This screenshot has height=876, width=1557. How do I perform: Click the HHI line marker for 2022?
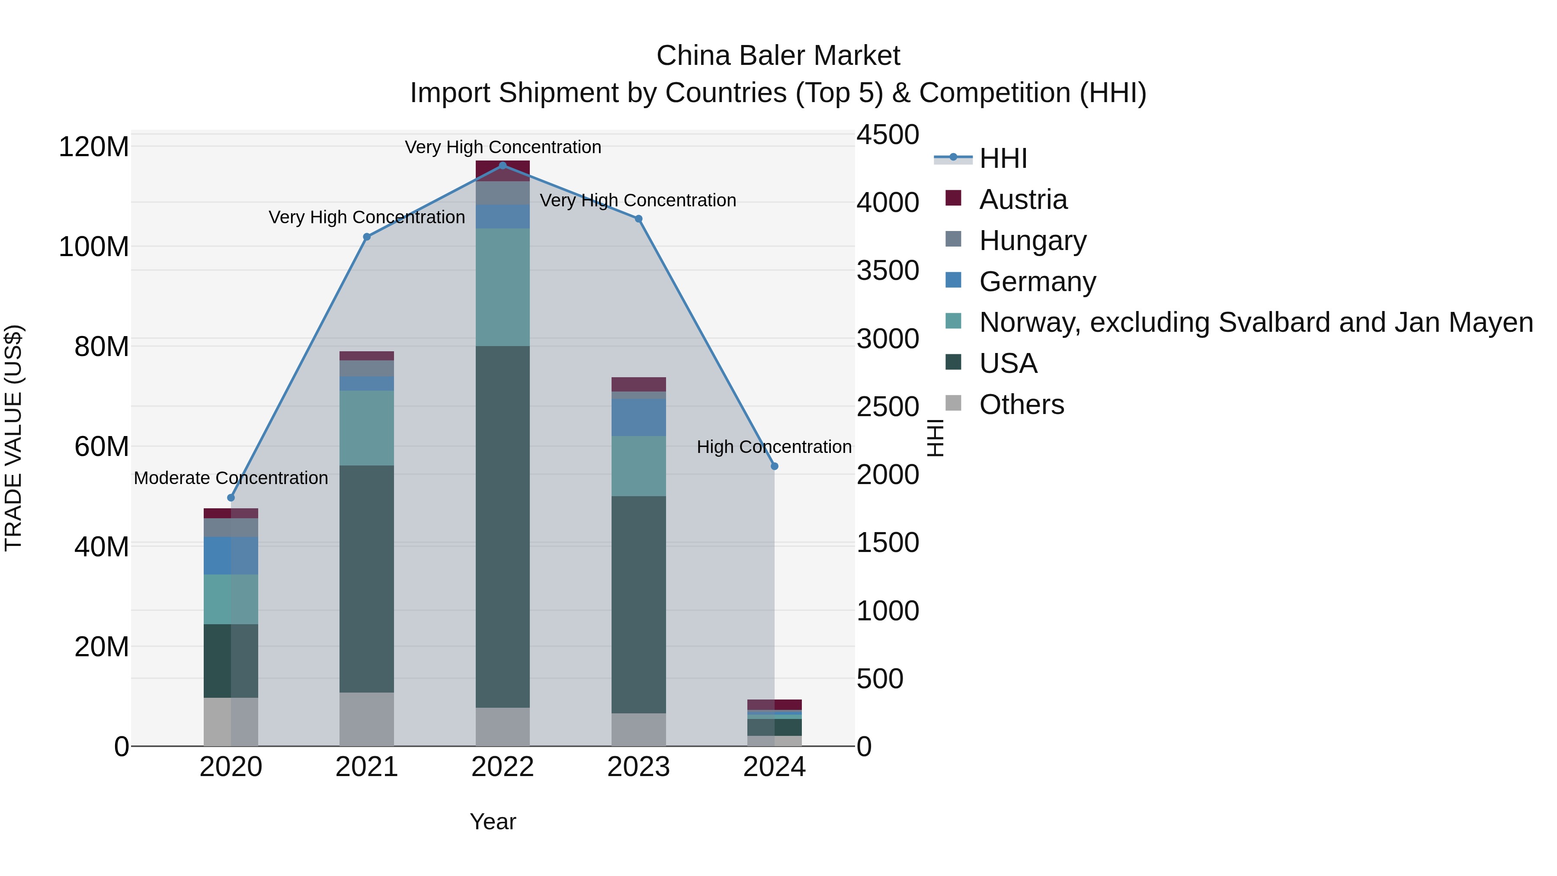tap(502, 166)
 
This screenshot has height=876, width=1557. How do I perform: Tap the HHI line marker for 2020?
tap(231, 497)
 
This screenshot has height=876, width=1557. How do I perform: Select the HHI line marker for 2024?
tap(774, 466)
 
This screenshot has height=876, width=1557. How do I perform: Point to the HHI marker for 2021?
tap(367, 237)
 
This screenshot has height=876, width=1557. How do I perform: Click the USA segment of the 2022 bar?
tap(502, 526)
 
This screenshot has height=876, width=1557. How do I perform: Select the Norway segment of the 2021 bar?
tap(367, 427)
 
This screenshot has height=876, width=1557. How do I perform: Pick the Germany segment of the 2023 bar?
tap(638, 417)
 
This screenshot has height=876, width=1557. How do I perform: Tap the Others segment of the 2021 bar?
tap(367, 719)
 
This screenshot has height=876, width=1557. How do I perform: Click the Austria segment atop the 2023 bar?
tap(638, 385)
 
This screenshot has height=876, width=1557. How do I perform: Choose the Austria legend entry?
tap(1023, 199)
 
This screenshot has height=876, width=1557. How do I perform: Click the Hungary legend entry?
tap(1032, 241)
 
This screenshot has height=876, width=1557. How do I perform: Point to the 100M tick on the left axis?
tap(94, 247)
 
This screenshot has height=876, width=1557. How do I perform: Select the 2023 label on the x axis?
tap(638, 767)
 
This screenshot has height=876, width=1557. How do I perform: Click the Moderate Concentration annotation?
tap(231, 478)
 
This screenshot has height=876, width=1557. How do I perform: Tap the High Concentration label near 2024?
tap(774, 447)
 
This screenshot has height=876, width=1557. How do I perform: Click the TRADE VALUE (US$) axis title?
tap(14, 438)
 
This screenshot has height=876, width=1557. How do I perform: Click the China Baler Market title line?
tap(778, 56)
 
